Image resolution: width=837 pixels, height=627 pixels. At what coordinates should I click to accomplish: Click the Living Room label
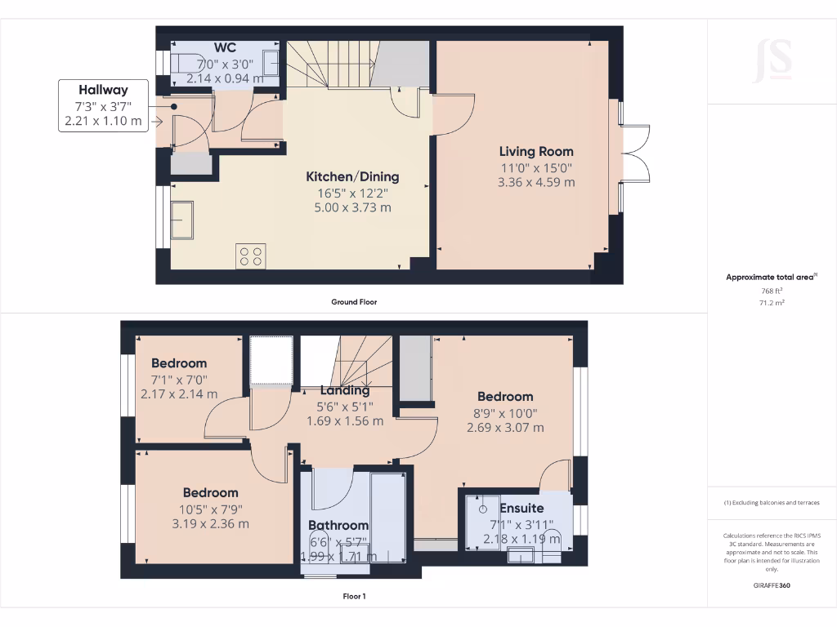click(536, 151)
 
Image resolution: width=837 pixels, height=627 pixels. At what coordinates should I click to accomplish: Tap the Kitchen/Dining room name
click(352, 176)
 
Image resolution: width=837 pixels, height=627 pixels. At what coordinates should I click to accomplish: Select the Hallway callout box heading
click(103, 90)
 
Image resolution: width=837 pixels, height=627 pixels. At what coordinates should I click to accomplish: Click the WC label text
click(225, 48)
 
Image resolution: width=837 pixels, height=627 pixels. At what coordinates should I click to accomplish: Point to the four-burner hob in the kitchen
click(251, 256)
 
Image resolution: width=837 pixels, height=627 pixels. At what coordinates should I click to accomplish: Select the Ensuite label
click(521, 508)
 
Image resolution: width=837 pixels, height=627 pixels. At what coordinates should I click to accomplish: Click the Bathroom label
click(338, 525)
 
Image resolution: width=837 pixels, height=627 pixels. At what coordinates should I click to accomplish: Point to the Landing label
click(344, 390)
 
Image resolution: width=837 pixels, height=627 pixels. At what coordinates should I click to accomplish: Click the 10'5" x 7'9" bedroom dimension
click(210, 509)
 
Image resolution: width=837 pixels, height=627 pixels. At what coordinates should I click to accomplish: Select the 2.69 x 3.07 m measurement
click(505, 427)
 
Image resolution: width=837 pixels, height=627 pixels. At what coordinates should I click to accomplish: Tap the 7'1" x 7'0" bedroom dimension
click(179, 379)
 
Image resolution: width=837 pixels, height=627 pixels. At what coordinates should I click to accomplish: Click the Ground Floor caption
click(354, 302)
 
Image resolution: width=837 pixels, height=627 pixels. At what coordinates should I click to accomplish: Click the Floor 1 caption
click(354, 596)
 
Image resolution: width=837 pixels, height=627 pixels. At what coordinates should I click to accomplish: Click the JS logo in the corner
click(772, 59)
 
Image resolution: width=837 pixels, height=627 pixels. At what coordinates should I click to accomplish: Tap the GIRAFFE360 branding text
click(772, 585)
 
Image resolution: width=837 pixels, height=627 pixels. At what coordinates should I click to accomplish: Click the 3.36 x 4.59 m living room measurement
click(536, 182)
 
